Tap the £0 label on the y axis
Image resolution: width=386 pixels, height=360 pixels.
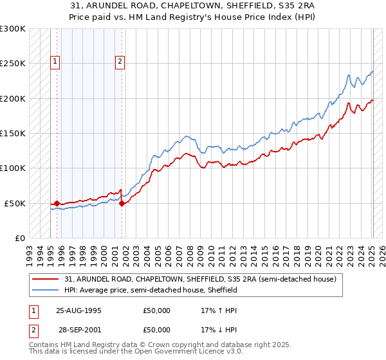19,238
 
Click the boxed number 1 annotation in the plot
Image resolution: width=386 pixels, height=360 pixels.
56,62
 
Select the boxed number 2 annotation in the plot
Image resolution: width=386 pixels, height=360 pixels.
120,62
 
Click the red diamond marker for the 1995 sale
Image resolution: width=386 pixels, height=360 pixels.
57,203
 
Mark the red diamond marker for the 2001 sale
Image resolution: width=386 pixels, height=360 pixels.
122,203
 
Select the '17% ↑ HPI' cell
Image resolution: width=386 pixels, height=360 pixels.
219,310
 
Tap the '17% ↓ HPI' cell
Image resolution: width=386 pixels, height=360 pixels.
219,330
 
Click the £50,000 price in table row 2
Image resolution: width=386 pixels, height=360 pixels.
157,330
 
